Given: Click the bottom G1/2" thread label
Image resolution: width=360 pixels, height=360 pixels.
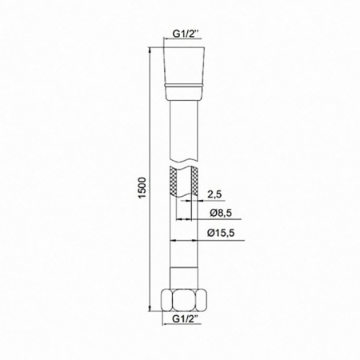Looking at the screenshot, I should (188, 325).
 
